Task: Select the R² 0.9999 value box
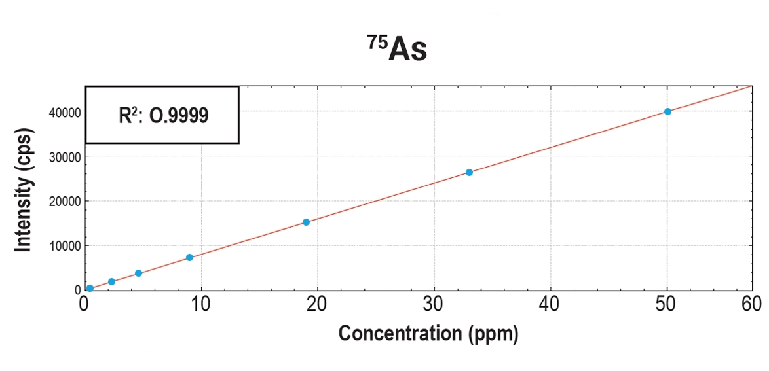162,115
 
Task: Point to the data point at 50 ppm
667,111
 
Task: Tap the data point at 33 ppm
469,172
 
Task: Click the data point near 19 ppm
306,222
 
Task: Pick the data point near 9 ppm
189,257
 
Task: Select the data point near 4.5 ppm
138,273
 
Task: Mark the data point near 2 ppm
111,281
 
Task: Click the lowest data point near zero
90,288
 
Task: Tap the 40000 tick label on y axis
64,113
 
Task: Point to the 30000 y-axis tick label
64,157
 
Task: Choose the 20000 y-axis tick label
64,202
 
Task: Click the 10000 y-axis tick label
64,246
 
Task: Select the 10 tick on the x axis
201,304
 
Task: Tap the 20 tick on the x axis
318,304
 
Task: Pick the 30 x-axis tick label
434,304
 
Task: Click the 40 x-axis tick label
550,304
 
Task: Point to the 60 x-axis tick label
751,304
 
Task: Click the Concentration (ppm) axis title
428,333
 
